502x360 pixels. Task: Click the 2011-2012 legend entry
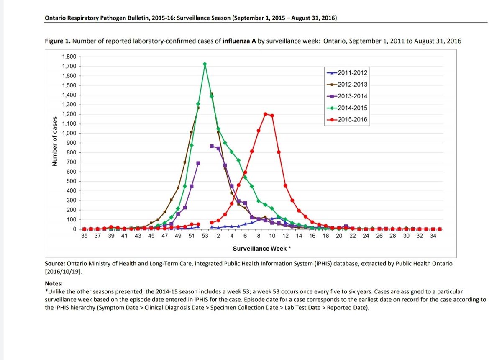tap(347, 72)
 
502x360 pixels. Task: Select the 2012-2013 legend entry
tap(347, 84)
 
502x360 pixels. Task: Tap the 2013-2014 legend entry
tap(347, 96)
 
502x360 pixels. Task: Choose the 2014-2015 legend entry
tap(347, 108)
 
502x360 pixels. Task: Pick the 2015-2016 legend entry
tap(347, 120)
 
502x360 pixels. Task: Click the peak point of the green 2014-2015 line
tap(205, 64)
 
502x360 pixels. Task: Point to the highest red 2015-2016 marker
tap(265, 114)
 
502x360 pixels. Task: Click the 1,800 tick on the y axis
tap(69, 57)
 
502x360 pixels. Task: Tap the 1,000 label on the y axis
tap(69, 134)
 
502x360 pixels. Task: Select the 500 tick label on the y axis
tap(71, 181)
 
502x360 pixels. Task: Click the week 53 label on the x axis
tap(205, 236)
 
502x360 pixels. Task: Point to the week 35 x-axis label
tap(84, 236)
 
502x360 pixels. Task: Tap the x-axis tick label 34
tap(433, 236)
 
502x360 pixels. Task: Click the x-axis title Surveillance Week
tap(259, 249)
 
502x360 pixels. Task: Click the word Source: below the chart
tap(54, 264)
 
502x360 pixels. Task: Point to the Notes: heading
tap(54, 283)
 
